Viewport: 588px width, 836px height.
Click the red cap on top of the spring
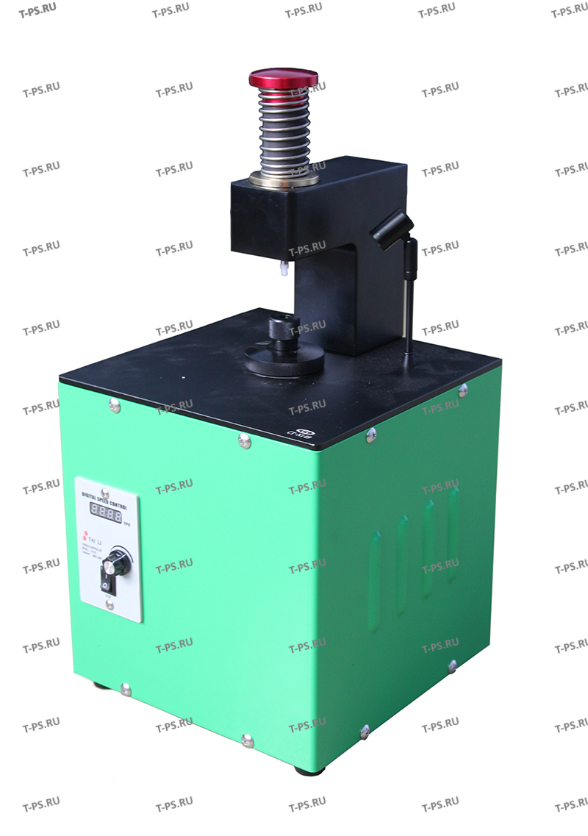pyautogui.click(x=283, y=78)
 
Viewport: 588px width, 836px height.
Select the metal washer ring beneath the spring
pyautogui.click(x=284, y=179)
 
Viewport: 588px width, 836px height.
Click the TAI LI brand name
pyautogui.click(x=98, y=535)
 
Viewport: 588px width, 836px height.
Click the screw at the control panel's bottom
pyautogui.click(x=109, y=604)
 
